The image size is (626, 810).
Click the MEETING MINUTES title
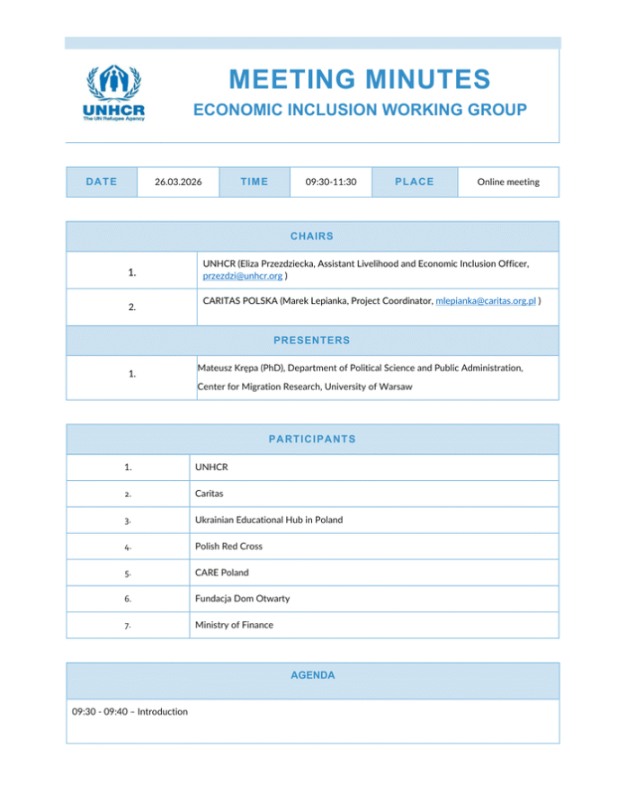click(360, 79)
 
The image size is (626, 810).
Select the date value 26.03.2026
click(177, 182)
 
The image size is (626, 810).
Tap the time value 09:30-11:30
click(331, 182)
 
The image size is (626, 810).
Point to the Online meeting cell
click(508, 182)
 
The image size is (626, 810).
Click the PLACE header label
click(414, 182)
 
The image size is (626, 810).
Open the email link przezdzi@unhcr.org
click(243, 276)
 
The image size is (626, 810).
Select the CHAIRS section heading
click(312, 236)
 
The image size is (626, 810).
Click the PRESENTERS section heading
click(312, 341)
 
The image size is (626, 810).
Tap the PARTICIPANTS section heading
click(312, 440)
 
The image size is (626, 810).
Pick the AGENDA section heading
click(312, 675)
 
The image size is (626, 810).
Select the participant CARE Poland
click(221, 572)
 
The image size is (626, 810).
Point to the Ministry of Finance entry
click(234, 624)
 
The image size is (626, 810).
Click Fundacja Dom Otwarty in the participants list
click(242, 598)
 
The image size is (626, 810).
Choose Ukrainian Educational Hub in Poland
click(268, 520)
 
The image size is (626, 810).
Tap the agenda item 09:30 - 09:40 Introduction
click(130, 712)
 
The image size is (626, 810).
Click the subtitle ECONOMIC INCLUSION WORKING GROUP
click(360, 111)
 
